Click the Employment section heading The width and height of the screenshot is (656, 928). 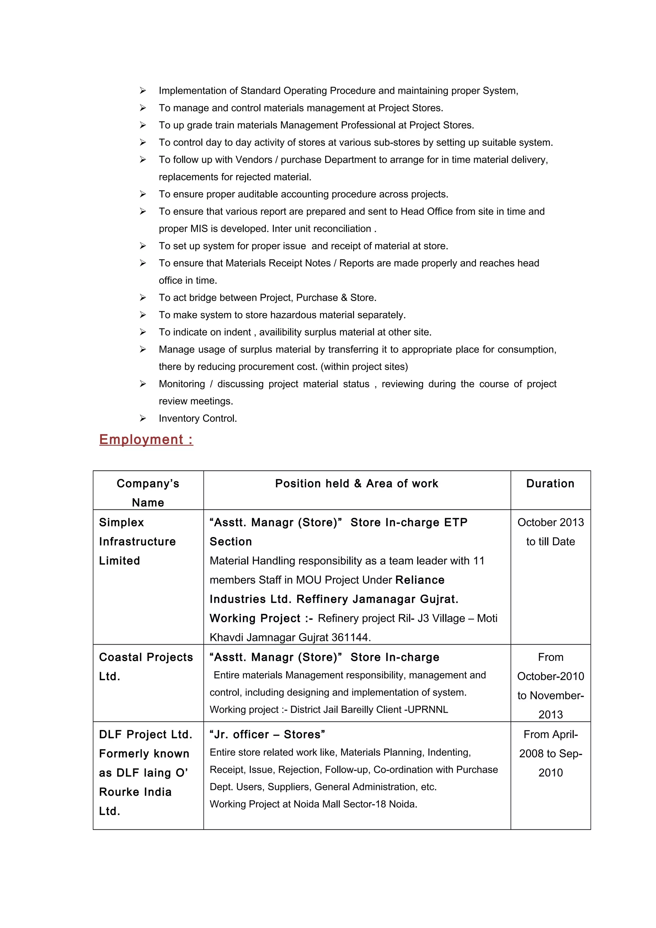(x=146, y=439)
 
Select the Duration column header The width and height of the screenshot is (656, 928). (x=550, y=484)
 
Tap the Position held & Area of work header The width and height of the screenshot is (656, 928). (x=357, y=484)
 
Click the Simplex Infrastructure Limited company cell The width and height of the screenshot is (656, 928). (x=137, y=541)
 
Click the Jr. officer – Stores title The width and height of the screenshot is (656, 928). (x=267, y=734)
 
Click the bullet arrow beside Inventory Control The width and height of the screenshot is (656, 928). (x=143, y=418)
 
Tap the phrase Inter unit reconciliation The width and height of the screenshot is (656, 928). (x=322, y=229)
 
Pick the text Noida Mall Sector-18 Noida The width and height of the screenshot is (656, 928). (x=355, y=804)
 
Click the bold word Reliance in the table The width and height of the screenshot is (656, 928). (x=420, y=580)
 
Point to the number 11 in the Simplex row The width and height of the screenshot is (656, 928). (x=479, y=561)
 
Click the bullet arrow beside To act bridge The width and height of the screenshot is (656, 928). (x=143, y=297)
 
